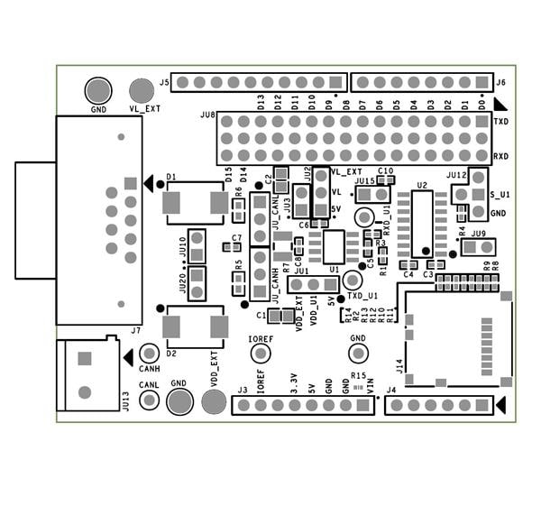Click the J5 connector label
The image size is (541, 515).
pos(164,82)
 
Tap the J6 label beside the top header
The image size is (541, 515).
pos(501,82)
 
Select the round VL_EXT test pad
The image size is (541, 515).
pos(141,90)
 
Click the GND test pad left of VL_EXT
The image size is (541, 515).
pos(97,90)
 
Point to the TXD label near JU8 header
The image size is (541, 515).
pos(501,121)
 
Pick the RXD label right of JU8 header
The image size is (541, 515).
pos(501,156)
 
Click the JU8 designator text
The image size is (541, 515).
pos(206,115)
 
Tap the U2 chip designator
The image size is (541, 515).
pos(422,186)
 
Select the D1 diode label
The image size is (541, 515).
pos(171,177)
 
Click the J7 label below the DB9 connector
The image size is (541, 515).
pos(135,331)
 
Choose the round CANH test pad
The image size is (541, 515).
pos(150,354)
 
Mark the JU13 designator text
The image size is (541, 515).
pos(124,400)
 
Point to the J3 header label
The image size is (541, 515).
pos(242,391)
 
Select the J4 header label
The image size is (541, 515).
pos(390,391)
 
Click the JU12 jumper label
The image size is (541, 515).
pos(455,175)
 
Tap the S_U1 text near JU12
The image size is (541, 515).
pos(500,195)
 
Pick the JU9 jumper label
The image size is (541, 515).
pos(478,234)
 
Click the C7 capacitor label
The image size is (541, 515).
pos(236,238)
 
